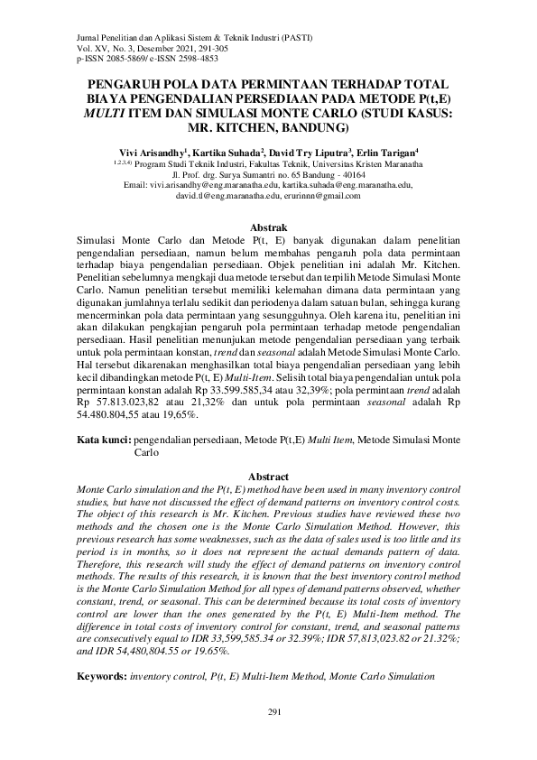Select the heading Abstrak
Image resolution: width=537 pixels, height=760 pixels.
pyautogui.click(x=268, y=228)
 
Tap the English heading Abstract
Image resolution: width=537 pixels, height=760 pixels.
pyautogui.click(x=268, y=477)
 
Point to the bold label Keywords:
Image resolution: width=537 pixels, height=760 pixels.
pyautogui.click(x=101, y=675)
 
